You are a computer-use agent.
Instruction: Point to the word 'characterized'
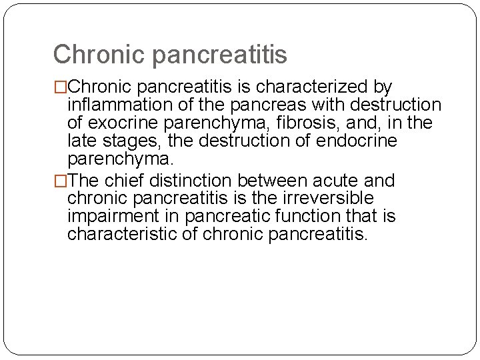(x=314, y=87)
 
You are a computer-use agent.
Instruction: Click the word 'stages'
(x=137, y=141)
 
